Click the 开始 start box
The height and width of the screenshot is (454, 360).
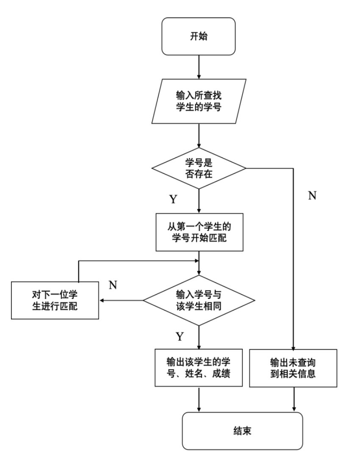[x=198, y=36]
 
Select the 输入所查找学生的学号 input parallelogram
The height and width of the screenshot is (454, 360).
[x=198, y=101]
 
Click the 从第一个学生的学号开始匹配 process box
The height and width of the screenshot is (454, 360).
[x=198, y=232]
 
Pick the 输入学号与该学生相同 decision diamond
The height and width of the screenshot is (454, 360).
[x=198, y=300]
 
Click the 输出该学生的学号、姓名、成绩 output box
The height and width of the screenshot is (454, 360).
[x=198, y=368]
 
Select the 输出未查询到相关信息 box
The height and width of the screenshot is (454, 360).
[x=293, y=368]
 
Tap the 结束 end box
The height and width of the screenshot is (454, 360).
[x=243, y=430]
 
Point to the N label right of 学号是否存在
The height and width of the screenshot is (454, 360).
[x=312, y=196]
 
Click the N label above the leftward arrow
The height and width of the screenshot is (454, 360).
[x=113, y=284]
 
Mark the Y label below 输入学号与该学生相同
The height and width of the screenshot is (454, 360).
[x=180, y=337]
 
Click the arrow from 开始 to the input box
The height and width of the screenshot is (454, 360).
[x=198, y=67]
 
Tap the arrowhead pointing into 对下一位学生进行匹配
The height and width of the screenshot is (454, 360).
[x=102, y=301]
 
